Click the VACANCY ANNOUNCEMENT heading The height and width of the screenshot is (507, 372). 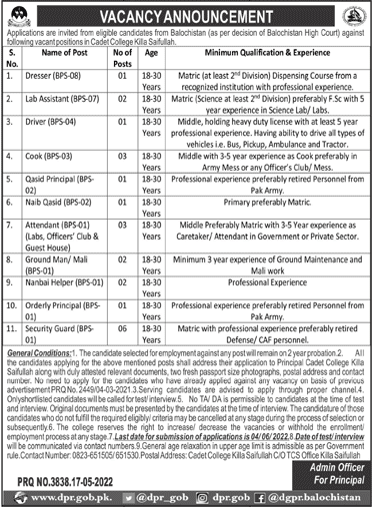[186, 12]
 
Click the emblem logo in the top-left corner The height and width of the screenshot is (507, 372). [15, 12]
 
